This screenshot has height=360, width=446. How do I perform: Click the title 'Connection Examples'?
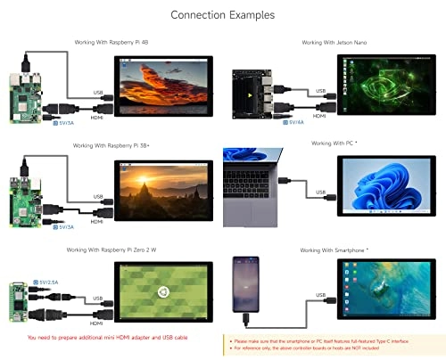[222, 15]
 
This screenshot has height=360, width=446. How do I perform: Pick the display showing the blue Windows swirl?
[386, 189]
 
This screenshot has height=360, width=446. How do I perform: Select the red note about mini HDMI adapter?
[109, 339]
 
